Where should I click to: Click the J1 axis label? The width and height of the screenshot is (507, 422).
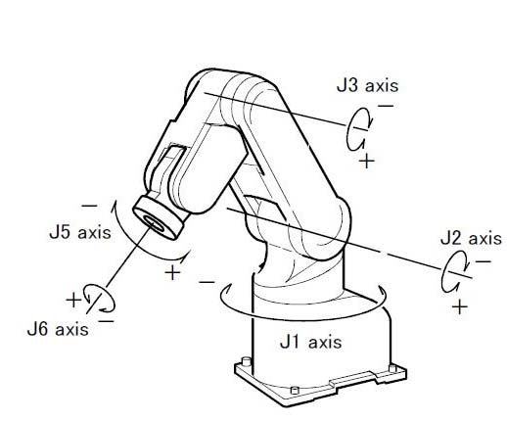tap(311, 342)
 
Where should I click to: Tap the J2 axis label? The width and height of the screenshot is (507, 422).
tap(471, 238)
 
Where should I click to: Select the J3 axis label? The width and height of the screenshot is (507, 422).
tap(367, 85)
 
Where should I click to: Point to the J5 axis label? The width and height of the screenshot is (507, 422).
tap(80, 232)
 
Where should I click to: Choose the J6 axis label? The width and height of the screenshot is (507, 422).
tap(58, 329)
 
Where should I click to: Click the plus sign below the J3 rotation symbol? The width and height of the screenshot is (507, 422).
tap(367, 161)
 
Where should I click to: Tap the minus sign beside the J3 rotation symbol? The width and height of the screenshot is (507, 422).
tap(386, 106)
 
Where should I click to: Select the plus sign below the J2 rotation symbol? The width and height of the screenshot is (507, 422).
tap(460, 306)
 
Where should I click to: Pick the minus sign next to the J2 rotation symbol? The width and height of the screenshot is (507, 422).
tap(484, 261)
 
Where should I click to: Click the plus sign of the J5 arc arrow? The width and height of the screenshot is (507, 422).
tap(172, 272)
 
